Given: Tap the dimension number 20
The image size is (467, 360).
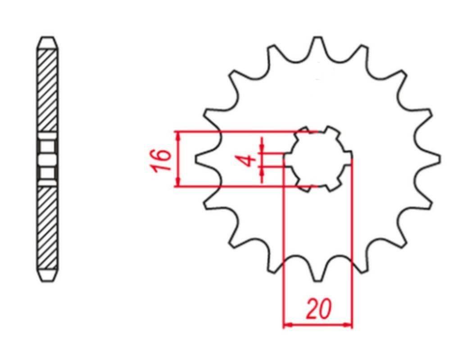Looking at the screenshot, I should pyautogui.click(x=319, y=309).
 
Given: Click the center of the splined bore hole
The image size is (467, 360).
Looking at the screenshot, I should pyautogui.click(x=318, y=158).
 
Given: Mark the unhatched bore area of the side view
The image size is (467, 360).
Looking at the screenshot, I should pyautogui.click(x=47, y=159).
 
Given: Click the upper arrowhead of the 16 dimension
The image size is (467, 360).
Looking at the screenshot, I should pyautogui.click(x=179, y=135).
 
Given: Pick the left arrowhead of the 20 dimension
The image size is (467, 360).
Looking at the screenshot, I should pyautogui.click(x=287, y=324).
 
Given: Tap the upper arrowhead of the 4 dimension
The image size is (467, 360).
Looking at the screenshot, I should pyautogui.click(x=262, y=148).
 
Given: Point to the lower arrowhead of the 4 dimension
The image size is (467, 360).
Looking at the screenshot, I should pyautogui.click(x=262, y=171).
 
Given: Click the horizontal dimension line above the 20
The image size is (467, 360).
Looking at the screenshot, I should pyautogui.click(x=318, y=324).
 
